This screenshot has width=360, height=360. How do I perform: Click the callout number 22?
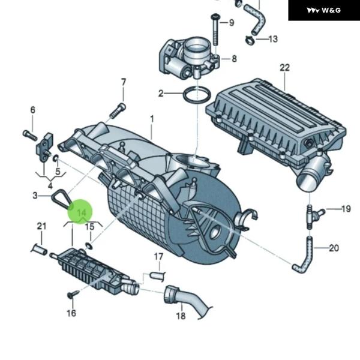pyautogui.click(x=284, y=67)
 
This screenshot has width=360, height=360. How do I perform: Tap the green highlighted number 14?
pyautogui.click(x=82, y=213)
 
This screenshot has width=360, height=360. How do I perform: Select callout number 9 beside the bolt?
pyautogui.click(x=231, y=23)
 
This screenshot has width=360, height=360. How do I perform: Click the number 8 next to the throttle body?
pyautogui.click(x=233, y=59)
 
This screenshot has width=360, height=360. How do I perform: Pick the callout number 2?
pyautogui.click(x=161, y=93)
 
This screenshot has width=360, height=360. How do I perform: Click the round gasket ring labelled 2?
pyautogui.click(x=196, y=94)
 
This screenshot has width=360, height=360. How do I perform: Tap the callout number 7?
pyautogui.click(x=124, y=82)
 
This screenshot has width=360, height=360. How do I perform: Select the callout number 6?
pyautogui.click(x=33, y=110)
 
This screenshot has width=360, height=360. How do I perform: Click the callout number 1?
pyautogui.click(x=152, y=119)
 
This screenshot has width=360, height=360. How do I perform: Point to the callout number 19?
pyautogui.click(x=346, y=209)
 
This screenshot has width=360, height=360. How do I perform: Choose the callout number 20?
pyautogui.click(x=334, y=248)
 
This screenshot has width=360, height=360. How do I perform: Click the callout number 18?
pyautogui.click(x=181, y=316)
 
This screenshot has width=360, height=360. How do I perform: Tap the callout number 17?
pyautogui.click(x=158, y=257)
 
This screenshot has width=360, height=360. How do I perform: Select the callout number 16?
pyautogui.click(x=71, y=313)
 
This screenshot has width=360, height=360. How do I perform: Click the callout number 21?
pyautogui.click(x=41, y=226)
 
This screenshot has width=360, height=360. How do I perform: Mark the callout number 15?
pyautogui.click(x=89, y=227)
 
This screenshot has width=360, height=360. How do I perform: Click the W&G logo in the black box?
pyautogui.click(x=323, y=10)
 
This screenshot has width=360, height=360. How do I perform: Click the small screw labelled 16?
pyautogui.click(x=73, y=295)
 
